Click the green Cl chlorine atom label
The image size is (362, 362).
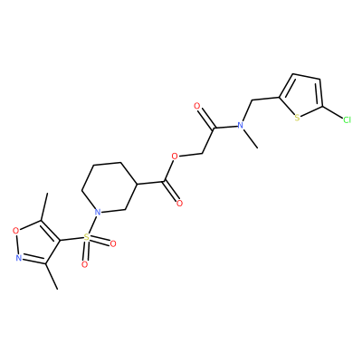point(347,120)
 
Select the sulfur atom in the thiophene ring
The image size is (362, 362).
point(297,118)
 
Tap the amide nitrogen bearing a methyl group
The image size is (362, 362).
point(241,125)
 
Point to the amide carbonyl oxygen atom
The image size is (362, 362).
point(197,106)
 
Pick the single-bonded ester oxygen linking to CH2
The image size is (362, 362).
point(174,157)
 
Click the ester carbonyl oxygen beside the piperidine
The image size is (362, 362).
point(180,203)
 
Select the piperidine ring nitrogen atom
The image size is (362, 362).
point(97,213)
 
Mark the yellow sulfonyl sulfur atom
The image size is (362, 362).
point(87,236)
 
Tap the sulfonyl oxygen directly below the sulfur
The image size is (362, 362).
point(85,264)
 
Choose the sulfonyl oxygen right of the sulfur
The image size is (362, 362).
point(113,243)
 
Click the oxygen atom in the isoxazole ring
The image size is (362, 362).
point(15,232)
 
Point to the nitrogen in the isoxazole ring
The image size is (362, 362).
point(19,257)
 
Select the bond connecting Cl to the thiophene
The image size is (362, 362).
point(332,112)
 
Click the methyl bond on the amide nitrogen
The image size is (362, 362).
point(251,138)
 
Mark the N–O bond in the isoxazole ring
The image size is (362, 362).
point(17,244)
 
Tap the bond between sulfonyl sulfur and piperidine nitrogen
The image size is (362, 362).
point(91,224)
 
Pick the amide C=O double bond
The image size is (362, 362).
point(206,118)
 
